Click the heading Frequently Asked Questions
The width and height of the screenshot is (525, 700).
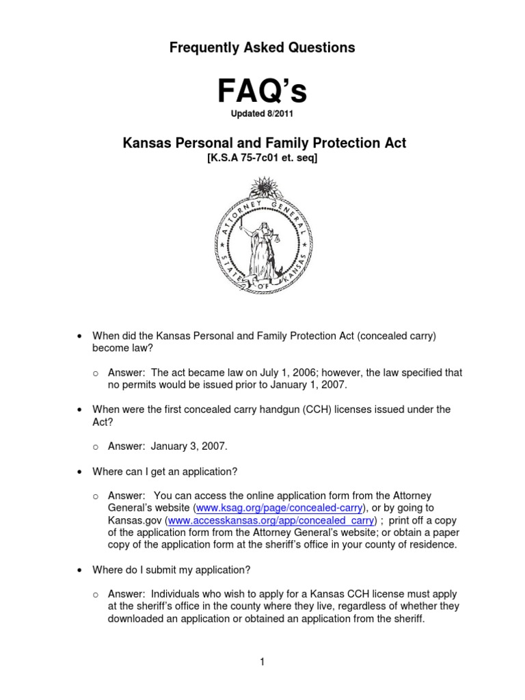(x=263, y=47)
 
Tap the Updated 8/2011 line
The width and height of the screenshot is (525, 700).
(x=263, y=113)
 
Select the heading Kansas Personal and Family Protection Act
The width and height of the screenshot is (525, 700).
(x=263, y=143)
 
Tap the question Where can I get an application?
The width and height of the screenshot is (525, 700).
(x=165, y=472)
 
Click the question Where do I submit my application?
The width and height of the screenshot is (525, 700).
(x=172, y=569)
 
